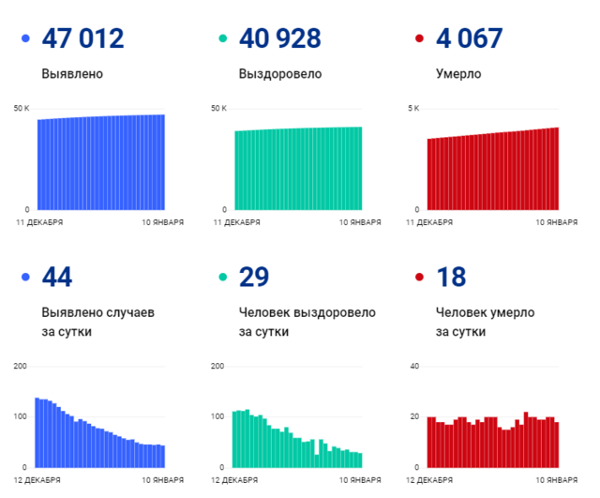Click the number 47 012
tap(83, 39)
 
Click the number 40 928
tap(280, 39)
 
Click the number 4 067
tap(470, 39)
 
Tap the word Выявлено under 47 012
tap(72, 73)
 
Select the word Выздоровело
tap(280, 73)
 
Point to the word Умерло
tap(458, 73)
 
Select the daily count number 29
tap(254, 277)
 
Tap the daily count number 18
tap(451, 277)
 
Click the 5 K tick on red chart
tap(412, 109)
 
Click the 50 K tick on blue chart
tap(22, 109)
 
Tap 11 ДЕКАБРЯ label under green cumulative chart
tap(233, 222)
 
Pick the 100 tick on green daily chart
tap(217, 415)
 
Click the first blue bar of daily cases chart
tap(37, 432)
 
